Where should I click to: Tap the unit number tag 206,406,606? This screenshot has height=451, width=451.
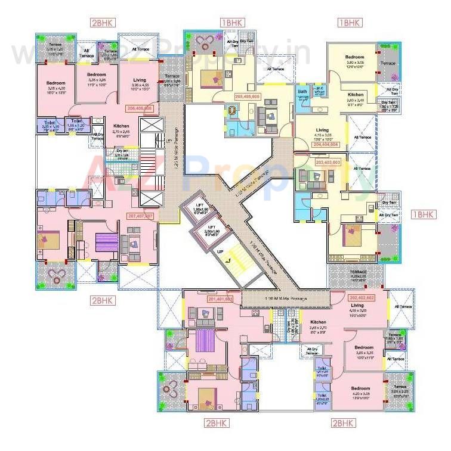point(140,108)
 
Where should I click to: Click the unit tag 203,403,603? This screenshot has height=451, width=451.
point(328,162)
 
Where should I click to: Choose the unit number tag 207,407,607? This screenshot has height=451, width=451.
point(140,216)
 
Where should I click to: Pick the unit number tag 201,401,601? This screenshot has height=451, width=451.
point(220,298)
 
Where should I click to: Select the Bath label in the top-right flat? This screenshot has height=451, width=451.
point(302,92)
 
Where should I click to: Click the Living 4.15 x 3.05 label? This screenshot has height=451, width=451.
point(322,133)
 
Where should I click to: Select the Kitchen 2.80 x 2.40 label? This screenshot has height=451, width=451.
point(356,98)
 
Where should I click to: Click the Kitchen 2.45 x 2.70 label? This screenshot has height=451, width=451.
point(316,325)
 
